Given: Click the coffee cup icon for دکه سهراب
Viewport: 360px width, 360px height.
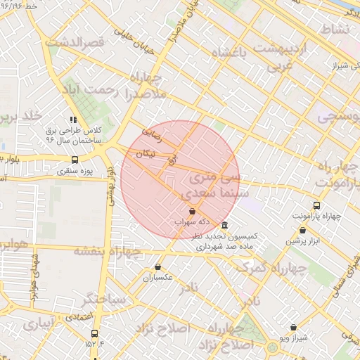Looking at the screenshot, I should coord(192,211).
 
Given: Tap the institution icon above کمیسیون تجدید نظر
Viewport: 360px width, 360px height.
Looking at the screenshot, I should coord(224,226).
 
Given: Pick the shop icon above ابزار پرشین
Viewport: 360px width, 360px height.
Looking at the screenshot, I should coord(302,230).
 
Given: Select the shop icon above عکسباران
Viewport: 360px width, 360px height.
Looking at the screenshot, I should coord(157,267).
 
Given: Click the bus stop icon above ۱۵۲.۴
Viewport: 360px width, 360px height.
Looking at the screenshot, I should coord(94,334).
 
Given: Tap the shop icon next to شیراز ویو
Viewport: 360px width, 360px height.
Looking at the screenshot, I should coord(293,327).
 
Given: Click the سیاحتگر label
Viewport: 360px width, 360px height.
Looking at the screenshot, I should coord(103,300).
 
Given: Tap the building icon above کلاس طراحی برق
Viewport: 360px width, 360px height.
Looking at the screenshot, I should coord(73,120).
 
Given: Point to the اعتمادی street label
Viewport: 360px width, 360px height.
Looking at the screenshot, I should coord(83,318).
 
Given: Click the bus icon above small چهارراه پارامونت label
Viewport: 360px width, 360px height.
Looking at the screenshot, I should coord(316,206).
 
